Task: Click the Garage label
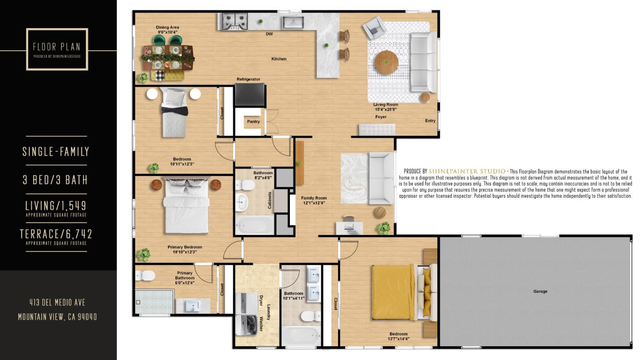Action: pos(540,291)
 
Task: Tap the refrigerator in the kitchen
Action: pos(250,94)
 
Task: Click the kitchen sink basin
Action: pos(293,21)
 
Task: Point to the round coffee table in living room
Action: pos(386,63)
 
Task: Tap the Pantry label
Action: pos(254,122)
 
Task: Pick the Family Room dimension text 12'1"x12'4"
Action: pos(314,203)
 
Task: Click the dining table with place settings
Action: pos(168,57)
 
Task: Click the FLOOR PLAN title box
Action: pos(57,49)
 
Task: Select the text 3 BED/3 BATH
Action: pos(55,180)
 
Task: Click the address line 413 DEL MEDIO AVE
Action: pos(57,302)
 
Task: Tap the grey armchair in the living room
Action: pos(374,28)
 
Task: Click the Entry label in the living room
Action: pos(430,121)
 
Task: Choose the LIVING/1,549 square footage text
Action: pos(56,206)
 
